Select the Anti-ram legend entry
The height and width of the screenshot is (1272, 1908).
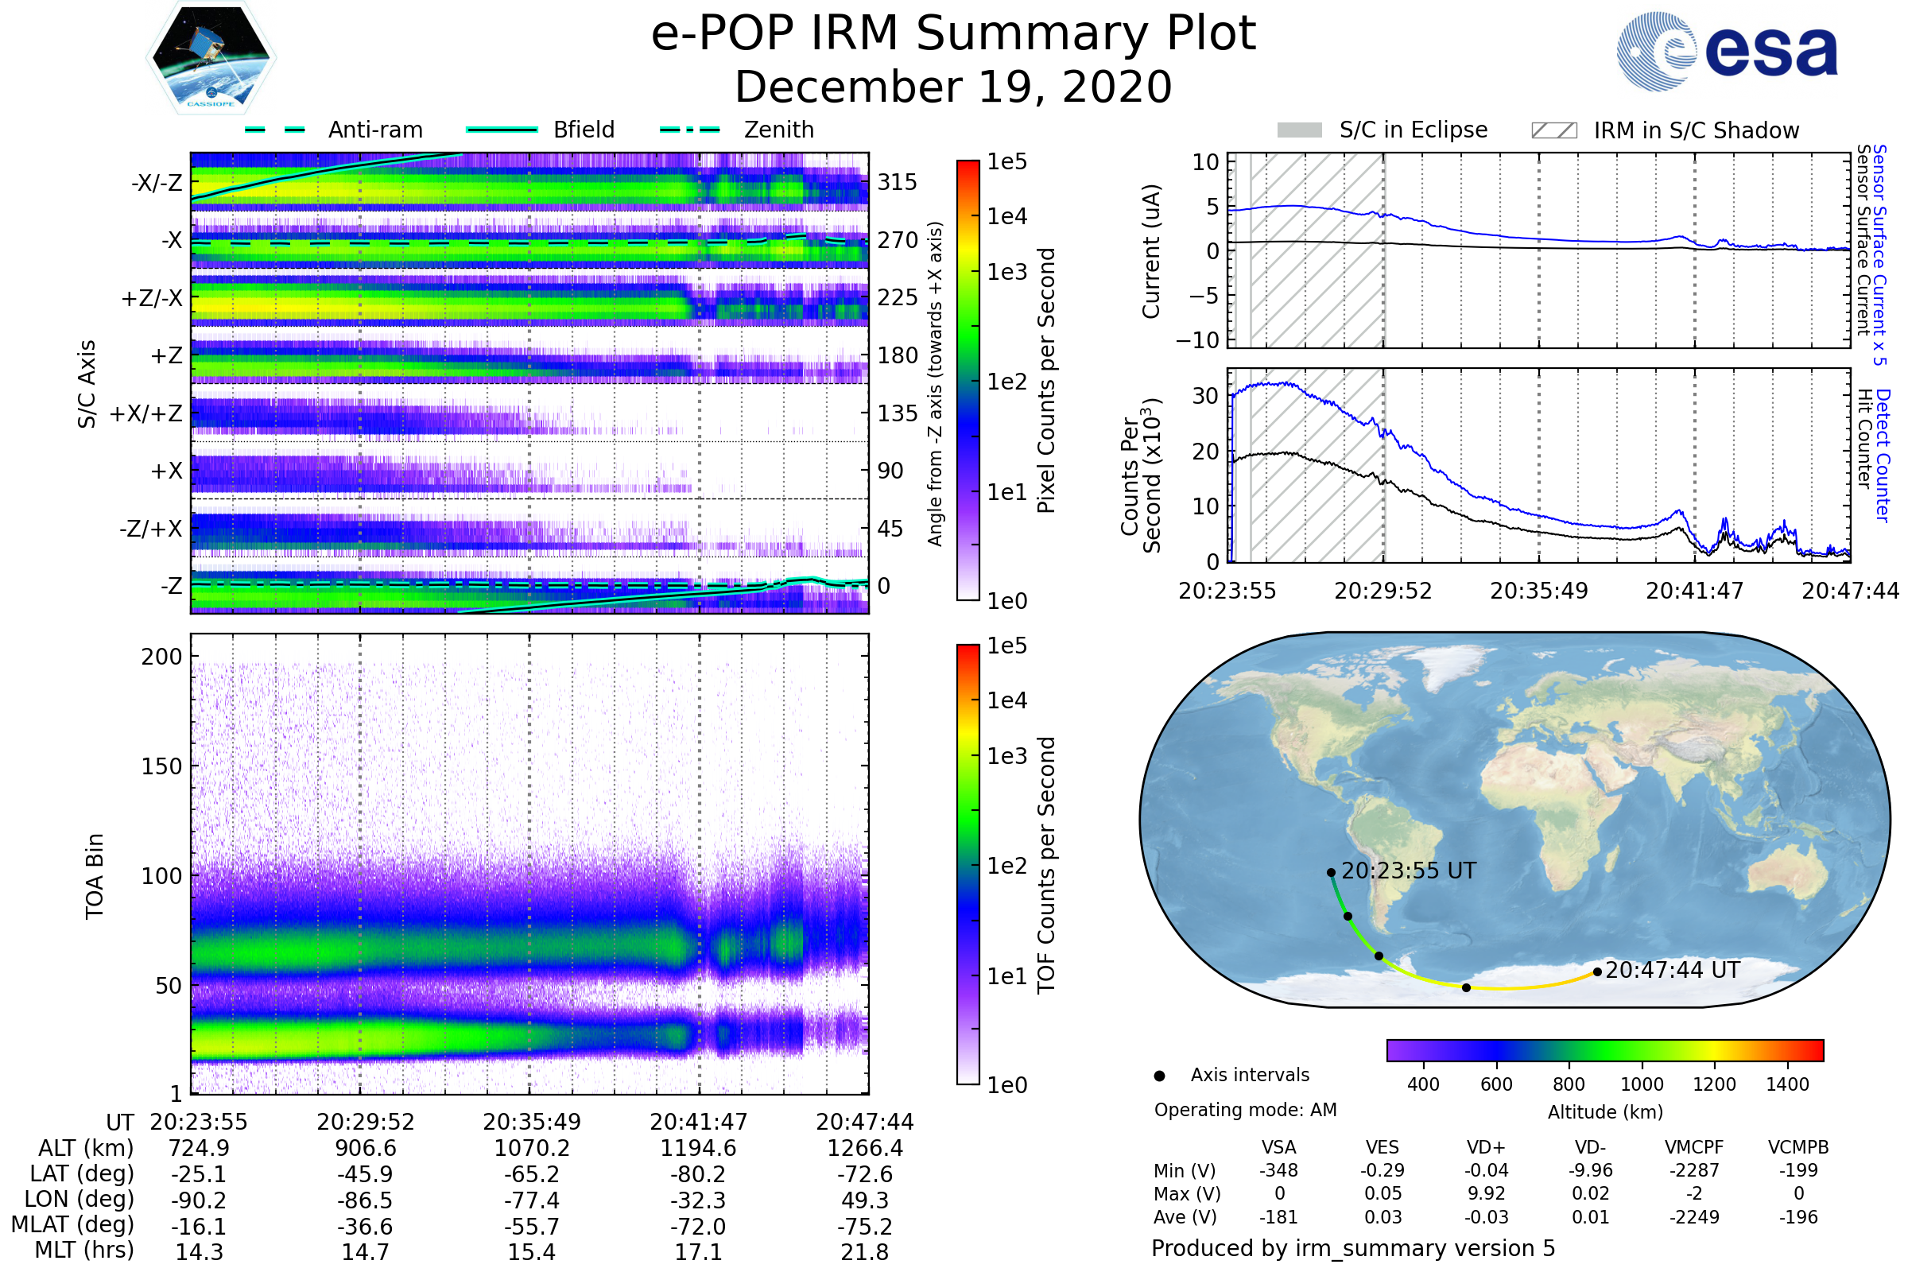coord(334,130)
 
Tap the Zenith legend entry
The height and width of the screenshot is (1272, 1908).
coord(738,130)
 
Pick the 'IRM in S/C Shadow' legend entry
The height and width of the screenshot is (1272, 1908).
coord(1665,130)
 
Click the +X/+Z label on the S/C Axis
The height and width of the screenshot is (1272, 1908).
coord(146,413)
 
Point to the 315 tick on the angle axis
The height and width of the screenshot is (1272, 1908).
coord(898,182)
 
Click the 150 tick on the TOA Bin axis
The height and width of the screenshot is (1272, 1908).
coord(161,766)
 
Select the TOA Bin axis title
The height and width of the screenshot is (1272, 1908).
coord(95,875)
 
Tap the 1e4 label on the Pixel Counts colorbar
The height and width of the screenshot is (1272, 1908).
coord(1006,216)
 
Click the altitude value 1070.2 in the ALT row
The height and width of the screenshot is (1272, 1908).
coord(531,1149)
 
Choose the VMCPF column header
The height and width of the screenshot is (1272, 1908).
coord(1694,1147)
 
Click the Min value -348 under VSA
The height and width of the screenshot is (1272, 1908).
coord(1278,1170)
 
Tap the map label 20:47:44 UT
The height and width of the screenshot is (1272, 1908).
coord(1672,970)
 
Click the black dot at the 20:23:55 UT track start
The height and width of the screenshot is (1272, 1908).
coord(1331,873)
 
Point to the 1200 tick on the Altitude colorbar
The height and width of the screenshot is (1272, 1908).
coord(1714,1084)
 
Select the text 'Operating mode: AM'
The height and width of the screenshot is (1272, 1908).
coord(1245,1110)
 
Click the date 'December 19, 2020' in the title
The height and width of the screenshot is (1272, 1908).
coord(953,87)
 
